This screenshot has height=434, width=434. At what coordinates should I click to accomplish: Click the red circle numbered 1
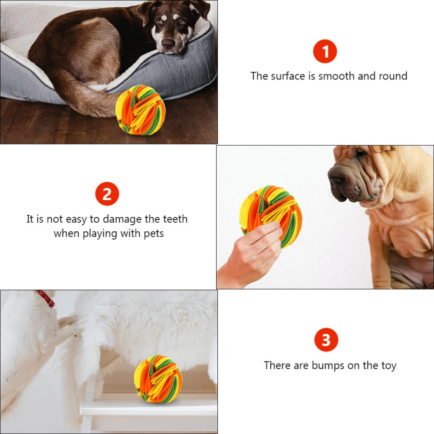coord(325,51)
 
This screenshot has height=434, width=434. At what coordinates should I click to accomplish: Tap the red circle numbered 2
coord(107,194)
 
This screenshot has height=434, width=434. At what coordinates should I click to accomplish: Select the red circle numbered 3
coord(326,340)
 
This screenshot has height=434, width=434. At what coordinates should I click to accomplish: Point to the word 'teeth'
coord(175,219)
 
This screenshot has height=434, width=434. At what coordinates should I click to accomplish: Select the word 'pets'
coord(154,233)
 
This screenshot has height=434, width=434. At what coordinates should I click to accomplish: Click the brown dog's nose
coord(168,44)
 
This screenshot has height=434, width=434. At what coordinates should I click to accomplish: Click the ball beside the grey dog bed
coord(140,110)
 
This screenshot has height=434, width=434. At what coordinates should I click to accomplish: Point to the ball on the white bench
coord(158,378)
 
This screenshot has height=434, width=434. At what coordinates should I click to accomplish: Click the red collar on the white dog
coord(46,299)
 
